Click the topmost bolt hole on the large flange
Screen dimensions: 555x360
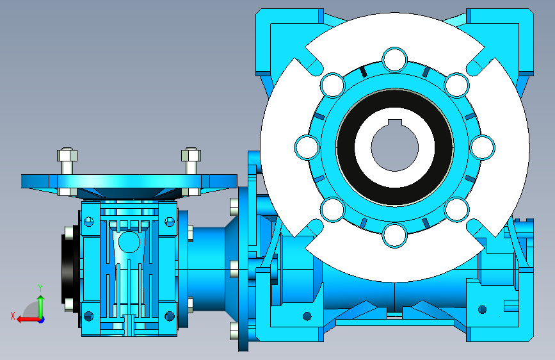395,59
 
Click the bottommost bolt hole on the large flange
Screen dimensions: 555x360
395,235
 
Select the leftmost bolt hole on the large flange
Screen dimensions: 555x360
307,147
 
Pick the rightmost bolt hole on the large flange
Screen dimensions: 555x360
483,147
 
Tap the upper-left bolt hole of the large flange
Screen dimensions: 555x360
333,85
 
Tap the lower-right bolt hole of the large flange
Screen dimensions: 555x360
456,209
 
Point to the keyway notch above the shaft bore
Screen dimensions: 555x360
395,122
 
